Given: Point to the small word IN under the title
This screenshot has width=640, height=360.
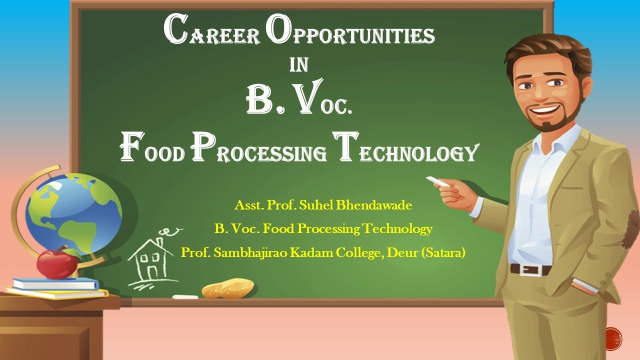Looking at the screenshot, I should [x=299, y=65].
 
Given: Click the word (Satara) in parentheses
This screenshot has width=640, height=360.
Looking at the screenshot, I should [x=443, y=253].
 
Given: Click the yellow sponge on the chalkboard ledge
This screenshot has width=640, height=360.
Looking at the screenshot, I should [x=228, y=288].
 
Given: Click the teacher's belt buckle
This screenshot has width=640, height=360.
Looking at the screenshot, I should [x=525, y=269].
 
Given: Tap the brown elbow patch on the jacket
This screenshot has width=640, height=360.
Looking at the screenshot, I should [x=633, y=225].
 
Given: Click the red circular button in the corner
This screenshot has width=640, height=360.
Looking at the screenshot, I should [x=612, y=338].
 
